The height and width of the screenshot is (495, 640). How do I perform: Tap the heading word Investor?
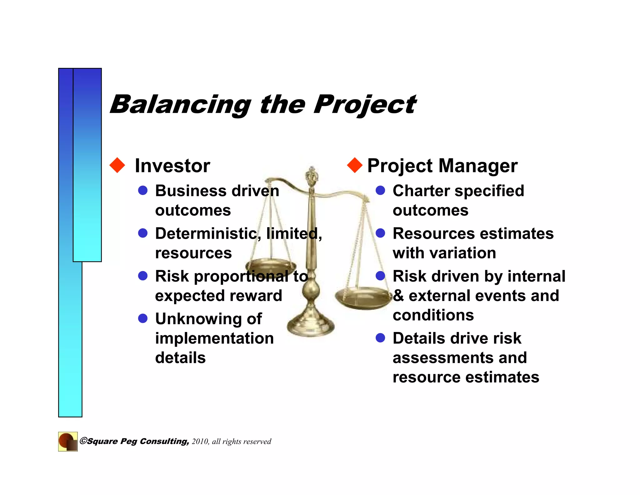click(172, 166)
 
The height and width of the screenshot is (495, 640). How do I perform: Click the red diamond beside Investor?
click(117, 165)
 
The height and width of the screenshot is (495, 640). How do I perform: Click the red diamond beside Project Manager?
click(355, 165)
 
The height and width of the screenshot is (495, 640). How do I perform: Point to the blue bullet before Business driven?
click(143, 190)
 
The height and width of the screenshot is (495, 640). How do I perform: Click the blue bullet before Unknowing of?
click(143, 319)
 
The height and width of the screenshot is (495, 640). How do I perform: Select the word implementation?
click(214, 339)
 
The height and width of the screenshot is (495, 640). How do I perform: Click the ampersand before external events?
click(398, 296)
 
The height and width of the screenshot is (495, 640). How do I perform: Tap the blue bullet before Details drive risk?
click(380, 338)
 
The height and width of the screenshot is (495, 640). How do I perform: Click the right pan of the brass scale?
click(362, 297)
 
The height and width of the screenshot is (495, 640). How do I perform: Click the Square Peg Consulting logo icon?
click(68, 441)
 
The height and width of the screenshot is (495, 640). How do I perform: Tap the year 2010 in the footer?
click(200, 441)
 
